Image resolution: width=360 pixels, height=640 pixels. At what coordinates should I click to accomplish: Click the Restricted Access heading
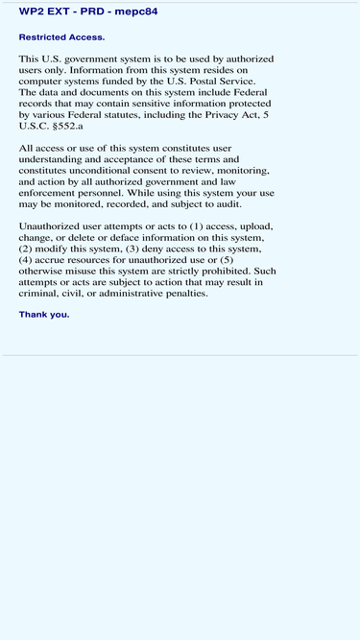61,37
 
